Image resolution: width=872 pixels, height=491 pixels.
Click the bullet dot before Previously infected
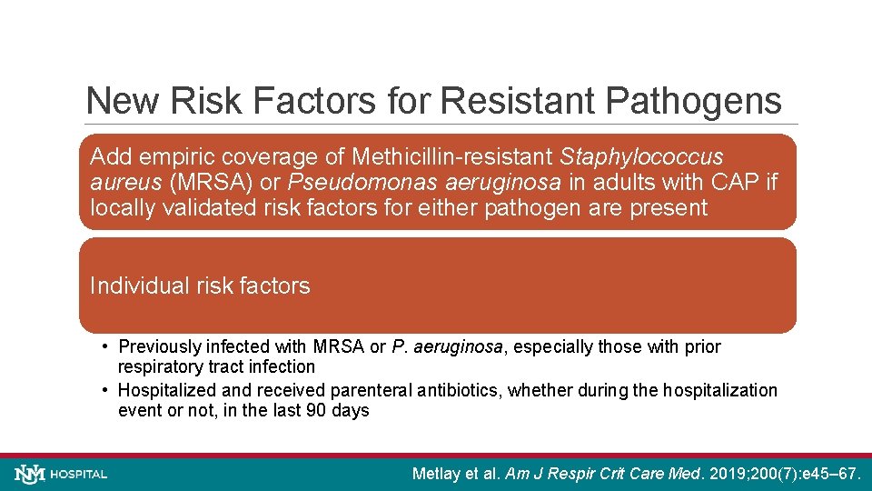pyautogui.click(x=106, y=346)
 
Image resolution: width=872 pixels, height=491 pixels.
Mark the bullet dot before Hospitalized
pyautogui.click(x=106, y=390)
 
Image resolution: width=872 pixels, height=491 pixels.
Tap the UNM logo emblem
pyautogui.click(x=30, y=474)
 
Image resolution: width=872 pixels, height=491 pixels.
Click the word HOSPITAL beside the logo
pyautogui.click(x=79, y=475)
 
